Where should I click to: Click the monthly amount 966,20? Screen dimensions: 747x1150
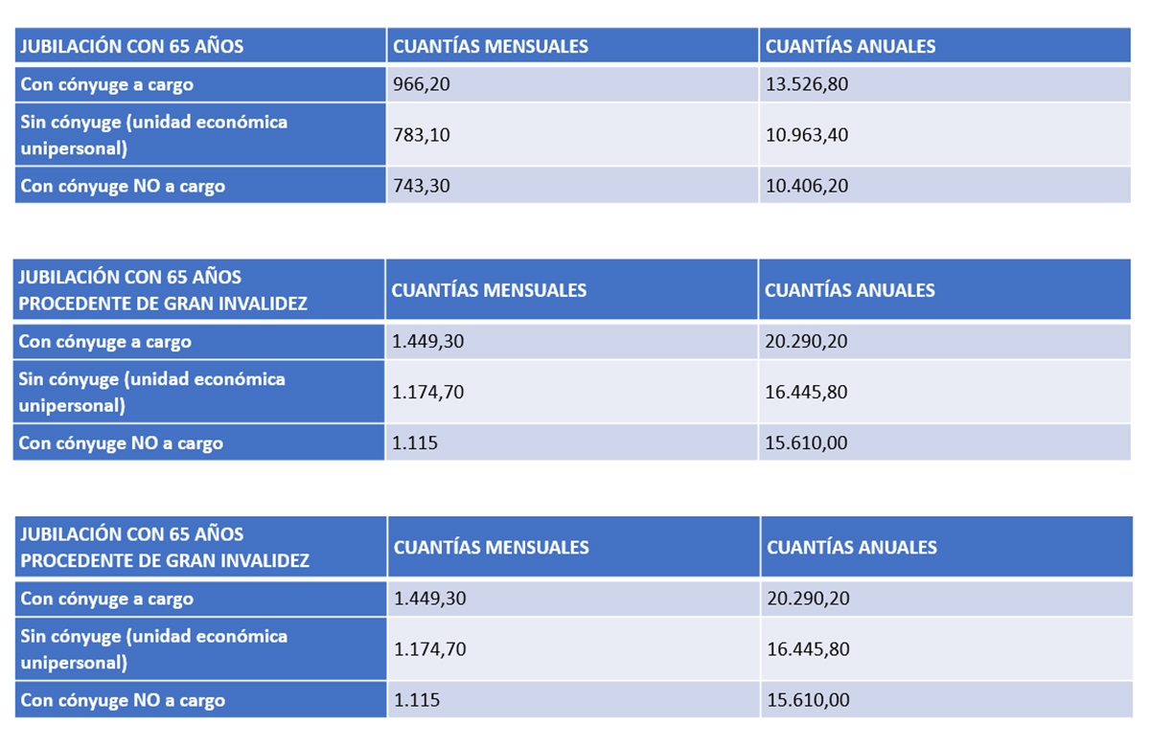422,84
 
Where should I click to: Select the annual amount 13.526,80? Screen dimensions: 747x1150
807,84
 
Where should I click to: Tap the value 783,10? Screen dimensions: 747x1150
422,135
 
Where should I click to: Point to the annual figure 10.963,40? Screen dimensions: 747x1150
807,135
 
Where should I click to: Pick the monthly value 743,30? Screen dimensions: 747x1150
422,186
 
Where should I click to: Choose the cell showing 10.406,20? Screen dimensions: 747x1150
807,186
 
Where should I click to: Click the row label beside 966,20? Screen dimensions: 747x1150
107,84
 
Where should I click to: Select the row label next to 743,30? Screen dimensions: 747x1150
123,186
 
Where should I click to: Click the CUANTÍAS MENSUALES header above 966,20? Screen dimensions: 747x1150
491,46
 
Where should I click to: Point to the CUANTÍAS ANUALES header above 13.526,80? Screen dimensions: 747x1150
851,46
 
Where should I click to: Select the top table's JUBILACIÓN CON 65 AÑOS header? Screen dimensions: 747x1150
132,46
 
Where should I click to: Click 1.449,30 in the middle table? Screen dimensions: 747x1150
429,342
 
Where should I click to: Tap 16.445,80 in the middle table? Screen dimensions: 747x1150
807,393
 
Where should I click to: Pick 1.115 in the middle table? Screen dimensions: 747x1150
415,443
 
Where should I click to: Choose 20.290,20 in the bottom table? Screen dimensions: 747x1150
809,600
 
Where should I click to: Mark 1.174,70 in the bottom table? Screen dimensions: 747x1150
431,649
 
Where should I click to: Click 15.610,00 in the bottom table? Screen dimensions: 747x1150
809,700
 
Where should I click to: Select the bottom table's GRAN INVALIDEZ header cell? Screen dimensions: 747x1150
165,547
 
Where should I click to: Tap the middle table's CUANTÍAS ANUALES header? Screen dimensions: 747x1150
850,290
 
